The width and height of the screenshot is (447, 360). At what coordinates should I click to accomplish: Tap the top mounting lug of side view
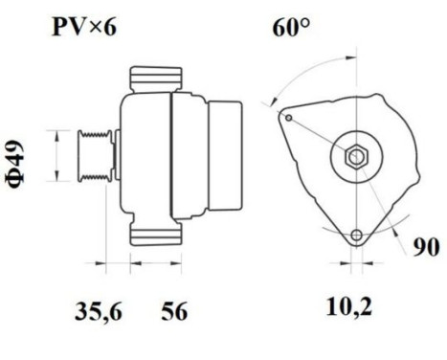tap(154, 78)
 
